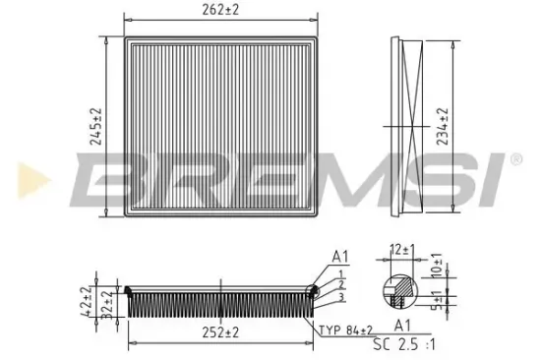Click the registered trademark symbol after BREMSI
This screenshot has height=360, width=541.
coord(514,158)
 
